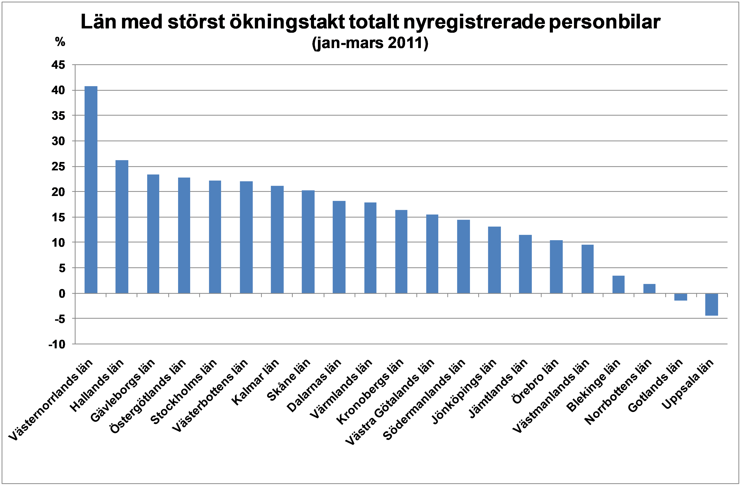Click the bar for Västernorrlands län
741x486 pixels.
pyautogui.click(x=91, y=190)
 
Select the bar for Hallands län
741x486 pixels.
pyautogui.click(x=122, y=227)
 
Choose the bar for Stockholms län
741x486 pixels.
pyautogui.click(x=215, y=237)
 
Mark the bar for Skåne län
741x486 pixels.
pyautogui.click(x=308, y=242)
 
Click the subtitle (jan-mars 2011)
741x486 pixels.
pyautogui.click(x=370, y=43)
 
